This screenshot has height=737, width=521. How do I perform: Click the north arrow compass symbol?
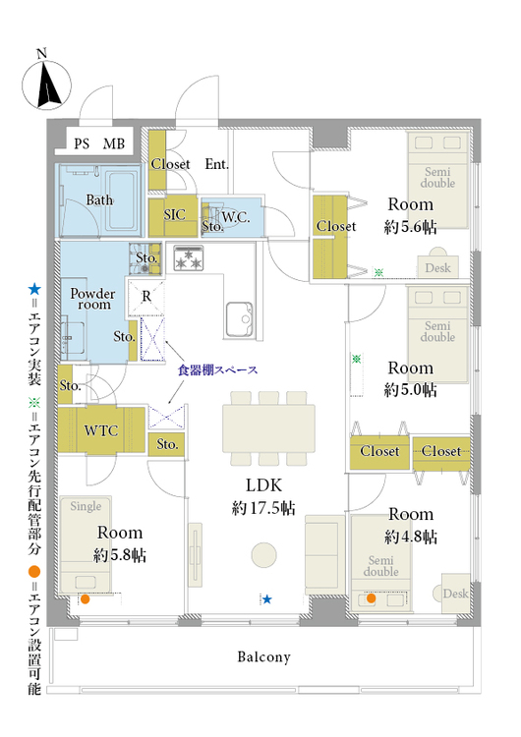tap(46, 85)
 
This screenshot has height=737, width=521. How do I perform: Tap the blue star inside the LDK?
tap(267, 598)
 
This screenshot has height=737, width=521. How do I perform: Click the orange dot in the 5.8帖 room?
tap(86, 599)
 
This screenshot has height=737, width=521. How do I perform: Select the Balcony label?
tap(263, 656)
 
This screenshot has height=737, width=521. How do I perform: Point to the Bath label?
tap(99, 200)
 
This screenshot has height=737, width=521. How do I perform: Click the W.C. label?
tap(236, 217)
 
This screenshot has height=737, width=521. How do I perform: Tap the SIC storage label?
tap(174, 215)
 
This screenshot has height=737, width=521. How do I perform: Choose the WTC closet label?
tap(101, 430)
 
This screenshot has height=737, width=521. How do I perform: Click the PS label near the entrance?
tap(82, 143)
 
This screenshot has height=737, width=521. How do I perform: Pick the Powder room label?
tap(93, 299)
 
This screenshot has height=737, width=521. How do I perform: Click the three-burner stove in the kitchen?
tap(189, 258)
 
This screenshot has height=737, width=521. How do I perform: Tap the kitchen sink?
tap(239, 319)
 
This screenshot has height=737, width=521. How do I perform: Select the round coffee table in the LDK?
tap(263, 555)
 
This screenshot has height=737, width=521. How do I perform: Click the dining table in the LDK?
tap(268, 428)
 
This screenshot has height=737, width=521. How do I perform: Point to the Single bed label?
tap(86, 506)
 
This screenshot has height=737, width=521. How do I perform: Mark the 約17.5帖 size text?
tap(263, 508)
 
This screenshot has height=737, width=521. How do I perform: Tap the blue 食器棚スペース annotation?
tap(217, 369)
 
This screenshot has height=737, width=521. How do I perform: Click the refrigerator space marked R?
tap(146, 296)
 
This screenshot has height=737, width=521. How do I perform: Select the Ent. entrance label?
tap(217, 164)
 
